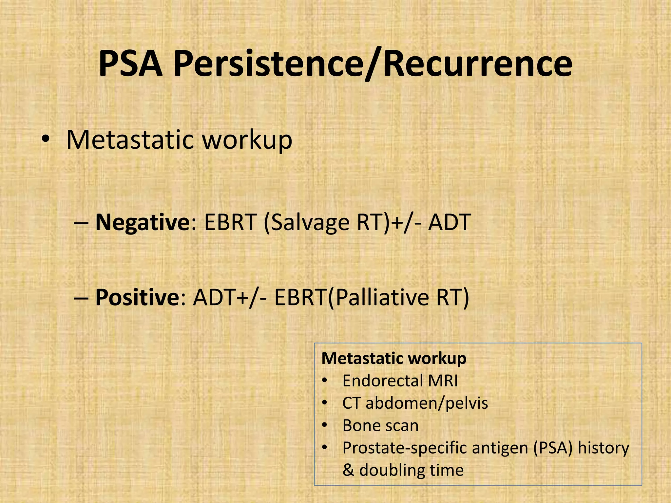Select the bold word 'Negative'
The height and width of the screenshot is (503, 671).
141,223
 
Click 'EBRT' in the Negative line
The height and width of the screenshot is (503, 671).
230,223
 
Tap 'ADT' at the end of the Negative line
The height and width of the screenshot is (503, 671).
450,223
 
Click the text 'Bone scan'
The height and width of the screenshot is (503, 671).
380,425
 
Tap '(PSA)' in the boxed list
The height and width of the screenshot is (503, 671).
553,448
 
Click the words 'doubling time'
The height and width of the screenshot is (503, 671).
412,470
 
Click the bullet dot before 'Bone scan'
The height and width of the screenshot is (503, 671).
324,425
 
